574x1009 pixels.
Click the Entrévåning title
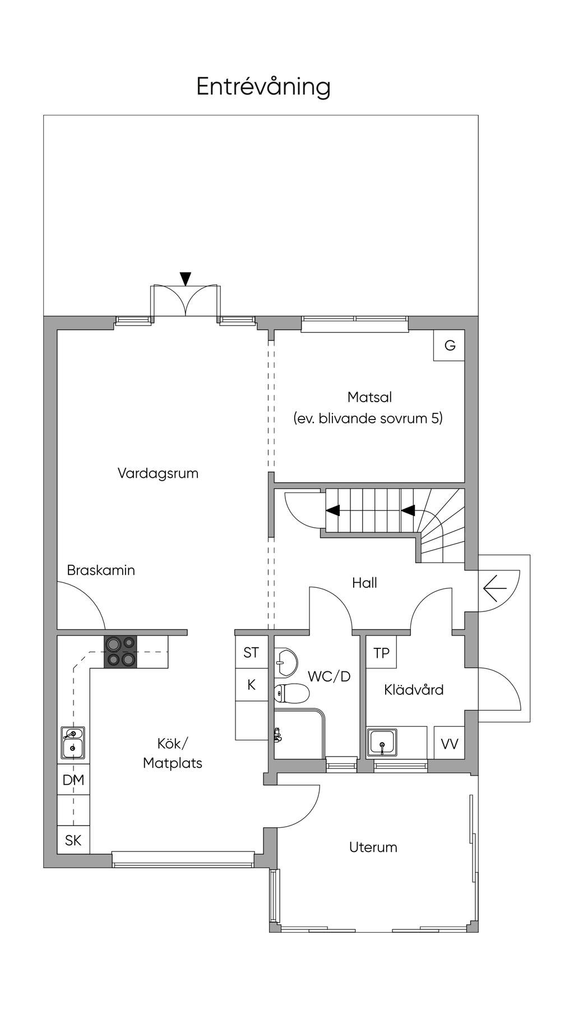[x=263, y=87]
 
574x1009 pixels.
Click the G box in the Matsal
[x=450, y=345]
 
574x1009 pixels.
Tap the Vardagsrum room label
[x=158, y=473]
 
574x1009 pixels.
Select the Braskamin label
[x=101, y=570]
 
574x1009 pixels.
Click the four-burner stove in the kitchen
[x=121, y=652]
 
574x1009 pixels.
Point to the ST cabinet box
[x=251, y=652]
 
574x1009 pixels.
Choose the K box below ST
[x=251, y=684]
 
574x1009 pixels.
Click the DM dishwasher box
[x=73, y=780]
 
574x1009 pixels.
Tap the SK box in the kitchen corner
[x=73, y=840]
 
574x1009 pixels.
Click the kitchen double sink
[x=73, y=743]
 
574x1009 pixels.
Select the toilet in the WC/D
[x=291, y=694]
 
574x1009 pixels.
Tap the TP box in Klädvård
[x=381, y=653]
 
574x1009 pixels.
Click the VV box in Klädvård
[x=450, y=744]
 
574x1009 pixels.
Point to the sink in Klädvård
[x=382, y=743]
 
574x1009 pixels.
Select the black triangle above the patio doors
[x=186, y=278]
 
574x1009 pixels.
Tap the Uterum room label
[x=373, y=847]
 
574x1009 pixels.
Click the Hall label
[x=364, y=583]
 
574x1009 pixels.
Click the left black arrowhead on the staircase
[x=333, y=510]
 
